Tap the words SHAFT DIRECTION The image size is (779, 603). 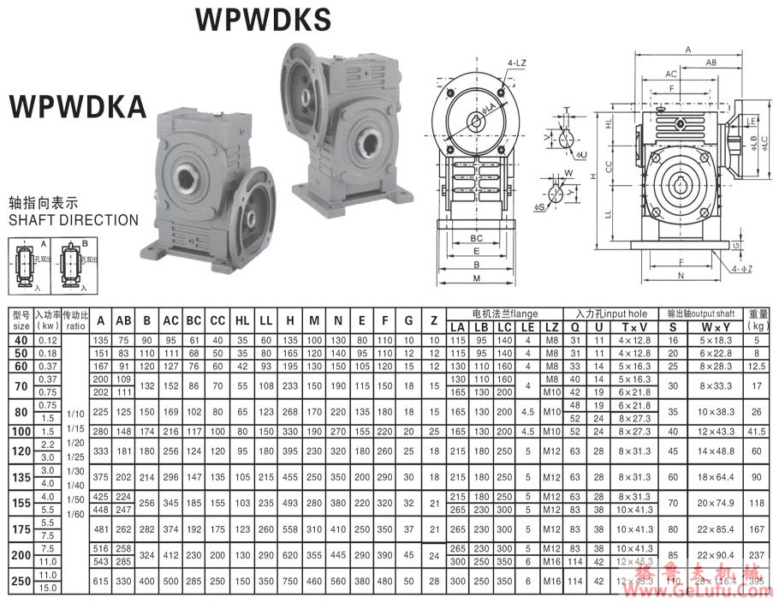pyautogui.click(x=73, y=220)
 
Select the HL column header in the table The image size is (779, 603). pyautogui.click(x=242, y=320)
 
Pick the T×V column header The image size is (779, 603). pyautogui.click(x=634, y=326)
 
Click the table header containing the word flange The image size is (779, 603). pyautogui.click(x=504, y=313)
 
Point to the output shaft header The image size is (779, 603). pyautogui.click(x=699, y=313)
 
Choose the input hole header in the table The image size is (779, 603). pyautogui.click(x=611, y=313)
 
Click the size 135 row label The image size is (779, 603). pyautogui.click(x=21, y=478)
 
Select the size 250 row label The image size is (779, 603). pyautogui.click(x=21, y=582)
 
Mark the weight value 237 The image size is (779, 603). pyautogui.click(x=755, y=555)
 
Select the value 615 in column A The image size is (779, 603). pyautogui.click(x=101, y=582)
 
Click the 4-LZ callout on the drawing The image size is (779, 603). pyautogui.click(x=516, y=63)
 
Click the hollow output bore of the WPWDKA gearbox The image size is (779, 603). pyautogui.click(x=186, y=178)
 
